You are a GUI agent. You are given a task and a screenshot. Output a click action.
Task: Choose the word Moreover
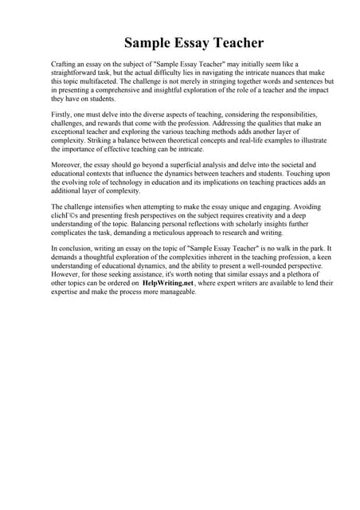(x=68, y=163)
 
